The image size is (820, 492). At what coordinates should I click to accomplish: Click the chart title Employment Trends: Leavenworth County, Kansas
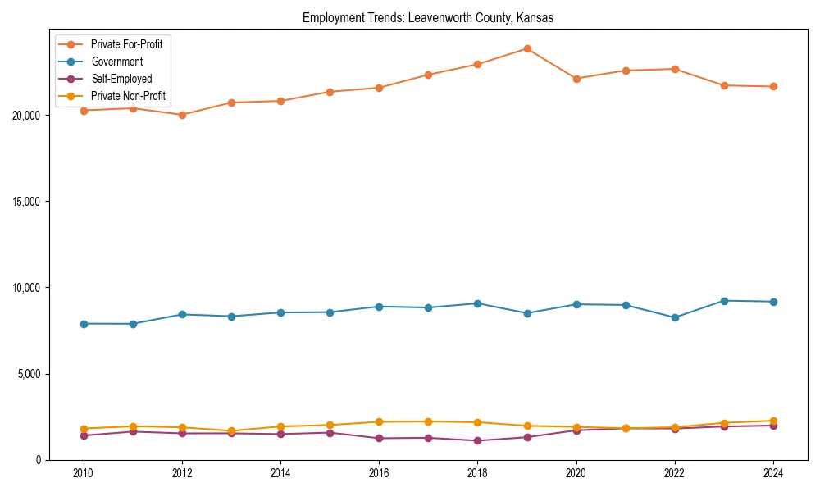[x=427, y=18]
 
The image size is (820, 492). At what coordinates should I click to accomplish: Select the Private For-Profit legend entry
[x=125, y=44]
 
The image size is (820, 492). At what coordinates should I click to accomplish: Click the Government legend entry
[x=116, y=61]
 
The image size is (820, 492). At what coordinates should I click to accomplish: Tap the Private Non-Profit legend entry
[x=128, y=96]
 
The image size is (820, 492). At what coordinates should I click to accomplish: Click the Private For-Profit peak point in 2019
[x=527, y=48]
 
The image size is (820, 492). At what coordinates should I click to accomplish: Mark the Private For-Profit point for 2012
[x=182, y=115]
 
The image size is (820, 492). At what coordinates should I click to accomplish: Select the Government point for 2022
[x=675, y=317]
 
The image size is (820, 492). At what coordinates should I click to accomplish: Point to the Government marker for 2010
[x=84, y=324]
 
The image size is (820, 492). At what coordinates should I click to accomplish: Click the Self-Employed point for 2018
[x=478, y=440]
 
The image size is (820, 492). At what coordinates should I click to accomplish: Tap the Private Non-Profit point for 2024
[x=773, y=421]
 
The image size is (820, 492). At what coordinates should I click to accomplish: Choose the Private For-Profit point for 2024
[x=773, y=87]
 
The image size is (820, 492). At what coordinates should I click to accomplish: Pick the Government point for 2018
[x=478, y=303]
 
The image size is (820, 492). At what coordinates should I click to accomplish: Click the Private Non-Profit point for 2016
[x=379, y=421]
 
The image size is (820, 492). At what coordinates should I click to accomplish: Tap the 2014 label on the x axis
[x=280, y=473]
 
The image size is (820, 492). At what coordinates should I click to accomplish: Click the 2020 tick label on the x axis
[x=576, y=473]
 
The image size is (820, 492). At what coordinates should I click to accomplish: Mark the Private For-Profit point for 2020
[x=576, y=79]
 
